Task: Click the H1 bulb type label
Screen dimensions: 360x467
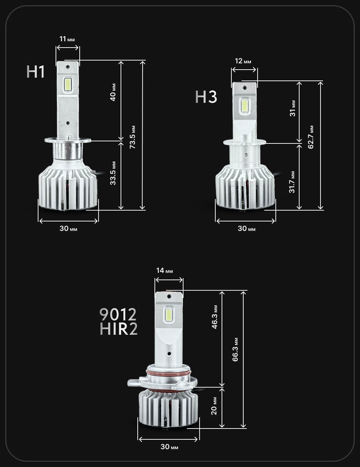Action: coord(36,72)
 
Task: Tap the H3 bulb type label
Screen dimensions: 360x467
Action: coord(206,97)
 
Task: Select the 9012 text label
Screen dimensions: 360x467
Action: coord(118,314)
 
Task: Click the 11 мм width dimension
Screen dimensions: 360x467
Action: coord(67,39)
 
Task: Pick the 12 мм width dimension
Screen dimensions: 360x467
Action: coord(243,61)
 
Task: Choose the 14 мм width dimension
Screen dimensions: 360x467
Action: coord(164,270)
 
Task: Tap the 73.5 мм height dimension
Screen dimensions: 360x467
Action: coord(132,137)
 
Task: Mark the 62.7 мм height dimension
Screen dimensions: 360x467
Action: coord(311,137)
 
